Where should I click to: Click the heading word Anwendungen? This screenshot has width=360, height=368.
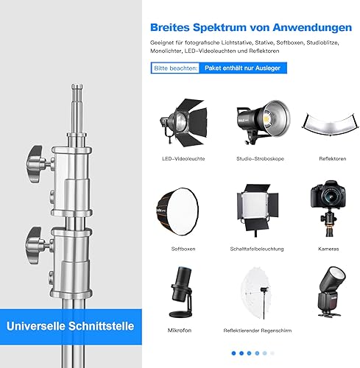(312, 28)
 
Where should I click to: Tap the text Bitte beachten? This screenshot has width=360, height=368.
(176, 68)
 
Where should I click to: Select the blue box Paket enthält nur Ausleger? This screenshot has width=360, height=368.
(243, 68)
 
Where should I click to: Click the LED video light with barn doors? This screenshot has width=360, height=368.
(183, 122)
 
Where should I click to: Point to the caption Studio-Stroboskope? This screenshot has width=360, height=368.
(260, 159)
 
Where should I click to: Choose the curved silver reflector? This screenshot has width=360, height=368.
(328, 124)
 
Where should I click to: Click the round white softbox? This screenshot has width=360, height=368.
(177, 212)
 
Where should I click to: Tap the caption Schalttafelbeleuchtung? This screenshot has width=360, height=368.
(257, 249)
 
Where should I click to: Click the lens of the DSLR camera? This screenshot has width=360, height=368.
(329, 197)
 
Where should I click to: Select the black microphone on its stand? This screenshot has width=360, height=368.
(181, 292)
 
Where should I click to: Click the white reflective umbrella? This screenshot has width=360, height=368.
(257, 293)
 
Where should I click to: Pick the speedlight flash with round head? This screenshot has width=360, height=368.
(331, 292)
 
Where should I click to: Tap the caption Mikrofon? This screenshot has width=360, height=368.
(180, 330)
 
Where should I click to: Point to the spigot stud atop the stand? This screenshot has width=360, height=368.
(77, 109)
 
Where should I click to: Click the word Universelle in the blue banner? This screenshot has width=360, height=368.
(36, 326)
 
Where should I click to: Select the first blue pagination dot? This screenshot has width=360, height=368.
(233, 353)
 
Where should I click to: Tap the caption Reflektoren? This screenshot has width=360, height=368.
(333, 159)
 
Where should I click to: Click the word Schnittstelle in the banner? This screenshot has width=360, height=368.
(102, 326)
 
